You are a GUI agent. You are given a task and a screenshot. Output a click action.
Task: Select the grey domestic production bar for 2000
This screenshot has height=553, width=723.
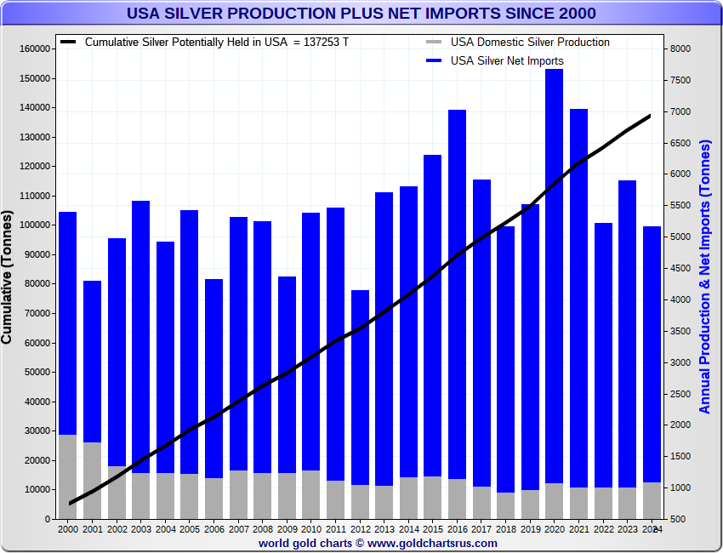[x=67, y=476]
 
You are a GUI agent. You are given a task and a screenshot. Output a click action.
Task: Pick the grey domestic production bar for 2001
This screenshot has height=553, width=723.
[x=92, y=480]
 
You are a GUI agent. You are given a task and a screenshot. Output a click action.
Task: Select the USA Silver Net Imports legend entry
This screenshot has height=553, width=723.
[x=506, y=60]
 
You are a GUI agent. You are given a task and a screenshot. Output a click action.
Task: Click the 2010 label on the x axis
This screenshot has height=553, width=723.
[x=311, y=529]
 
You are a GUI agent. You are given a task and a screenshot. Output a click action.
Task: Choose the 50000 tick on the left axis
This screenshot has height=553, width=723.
[x=35, y=372]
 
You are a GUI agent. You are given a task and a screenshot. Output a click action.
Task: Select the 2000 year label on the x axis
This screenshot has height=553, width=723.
[x=68, y=529]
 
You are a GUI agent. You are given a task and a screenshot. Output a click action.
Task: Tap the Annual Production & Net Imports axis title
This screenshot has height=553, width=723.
[x=705, y=276]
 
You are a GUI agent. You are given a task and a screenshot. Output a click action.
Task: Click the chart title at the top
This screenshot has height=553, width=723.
[x=361, y=14]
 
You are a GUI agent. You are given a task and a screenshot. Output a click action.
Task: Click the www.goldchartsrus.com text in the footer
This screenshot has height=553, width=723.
[x=433, y=543]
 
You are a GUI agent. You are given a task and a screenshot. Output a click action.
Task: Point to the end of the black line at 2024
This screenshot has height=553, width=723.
[x=651, y=115]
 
